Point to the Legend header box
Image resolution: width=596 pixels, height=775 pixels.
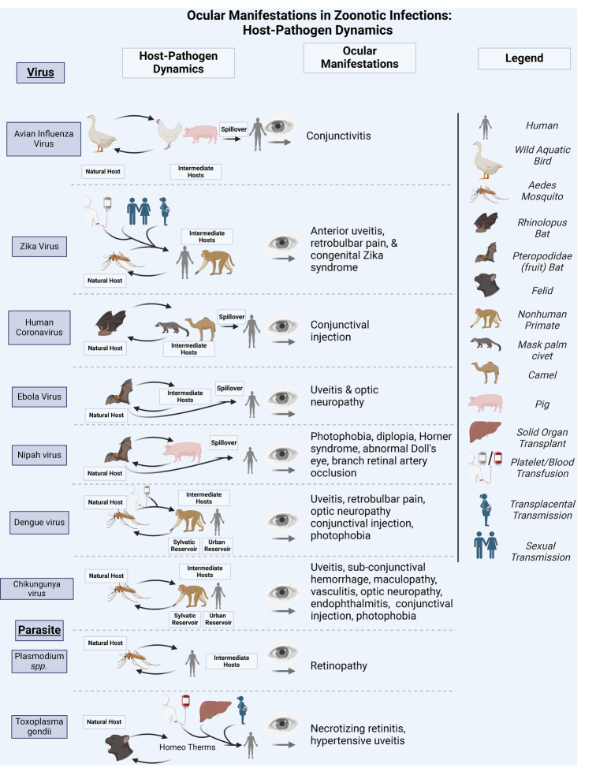(523, 58)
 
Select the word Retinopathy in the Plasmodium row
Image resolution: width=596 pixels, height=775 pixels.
(339, 665)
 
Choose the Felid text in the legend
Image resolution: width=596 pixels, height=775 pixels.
(541, 291)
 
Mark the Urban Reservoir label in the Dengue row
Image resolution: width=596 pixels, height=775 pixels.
(217, 546)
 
